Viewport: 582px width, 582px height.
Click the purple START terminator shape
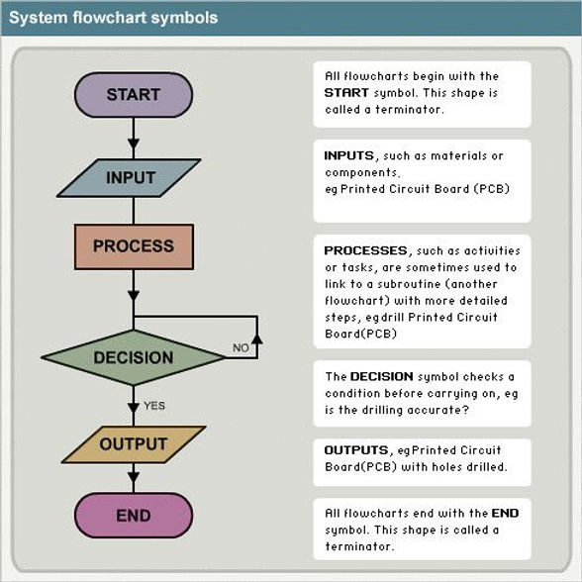[x=134, y=95]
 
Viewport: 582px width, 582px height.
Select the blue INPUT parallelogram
[x=132, y=177]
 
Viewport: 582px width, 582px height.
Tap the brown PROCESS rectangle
[x=133, y=246]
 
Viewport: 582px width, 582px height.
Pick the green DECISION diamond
[x=133, y=357]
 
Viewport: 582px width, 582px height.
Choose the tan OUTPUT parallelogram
[x=134, y=444]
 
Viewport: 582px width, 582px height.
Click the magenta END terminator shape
[x=134, y=515]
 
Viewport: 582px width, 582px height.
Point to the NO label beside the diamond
[x=241, y=348]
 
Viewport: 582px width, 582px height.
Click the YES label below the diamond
[x=154, y=405]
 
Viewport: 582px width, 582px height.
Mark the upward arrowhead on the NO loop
[x=256, y=339]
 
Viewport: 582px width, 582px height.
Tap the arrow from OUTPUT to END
[x=134, y=478]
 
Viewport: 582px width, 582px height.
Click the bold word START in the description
[x=346, y=92]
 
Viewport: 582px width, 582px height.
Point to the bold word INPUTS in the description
[x=348, y=155]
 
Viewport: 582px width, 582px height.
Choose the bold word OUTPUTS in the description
[x=353, y=450]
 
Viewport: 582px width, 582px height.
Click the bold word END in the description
[x=505, y=513]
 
